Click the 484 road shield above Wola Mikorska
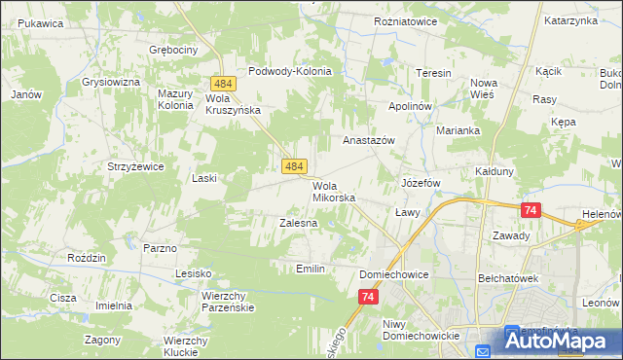point(296,168)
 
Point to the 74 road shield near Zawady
point(531,209)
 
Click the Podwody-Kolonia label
point(290,71)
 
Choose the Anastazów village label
point(368,140)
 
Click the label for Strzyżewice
point(135,166)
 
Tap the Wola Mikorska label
point(333,192)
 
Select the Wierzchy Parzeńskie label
point(228,301)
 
